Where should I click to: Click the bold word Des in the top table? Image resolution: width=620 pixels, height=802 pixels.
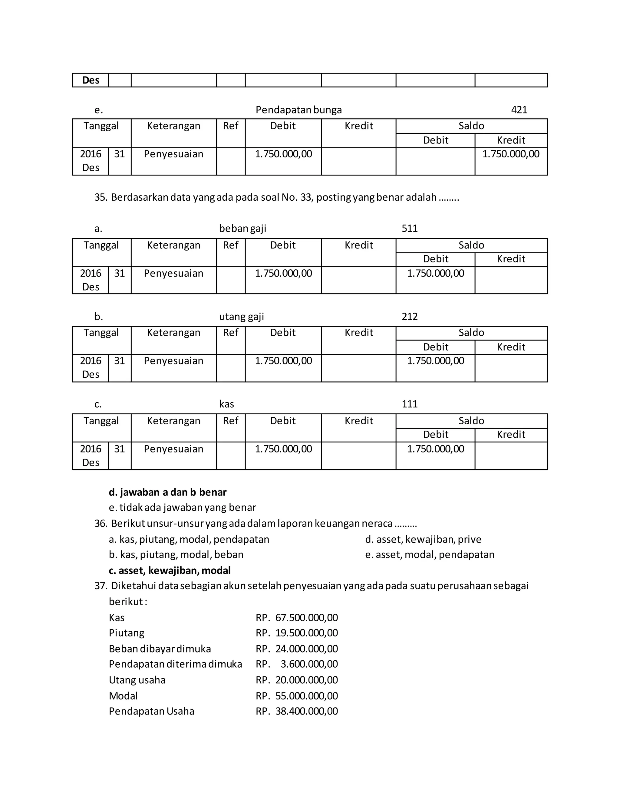click(x=91, y=80)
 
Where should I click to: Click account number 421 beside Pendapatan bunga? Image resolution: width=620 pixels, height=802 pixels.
click(x=519, y=110)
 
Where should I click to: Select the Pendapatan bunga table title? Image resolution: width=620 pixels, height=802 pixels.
click(x=298, y=110)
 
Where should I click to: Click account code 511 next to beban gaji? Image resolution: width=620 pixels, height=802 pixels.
click(x=410, y=228)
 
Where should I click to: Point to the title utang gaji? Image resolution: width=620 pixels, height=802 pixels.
click(x=241, y=317)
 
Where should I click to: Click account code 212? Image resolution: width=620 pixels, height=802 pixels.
click(x=410, y=317)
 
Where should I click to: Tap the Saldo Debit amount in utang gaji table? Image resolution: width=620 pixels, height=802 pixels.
click(x=435, y=361)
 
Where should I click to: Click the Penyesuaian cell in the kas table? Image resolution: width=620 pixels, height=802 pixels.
click(x=173, y=449)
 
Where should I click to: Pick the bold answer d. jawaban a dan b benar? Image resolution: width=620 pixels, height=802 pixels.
click(x=167, y=492)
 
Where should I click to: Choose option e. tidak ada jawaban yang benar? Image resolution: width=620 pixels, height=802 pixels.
click(x=182, y=508)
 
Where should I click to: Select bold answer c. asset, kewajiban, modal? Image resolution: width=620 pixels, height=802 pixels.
click(x=170, y=570)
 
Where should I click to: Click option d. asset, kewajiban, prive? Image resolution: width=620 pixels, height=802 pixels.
click(x=423, y=539)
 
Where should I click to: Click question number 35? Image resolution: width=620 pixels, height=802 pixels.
click(x=100, y=198)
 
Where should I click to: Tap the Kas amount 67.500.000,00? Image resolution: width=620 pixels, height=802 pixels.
click(x=306, y=618)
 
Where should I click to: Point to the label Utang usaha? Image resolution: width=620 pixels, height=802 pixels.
click(x=137, y=680)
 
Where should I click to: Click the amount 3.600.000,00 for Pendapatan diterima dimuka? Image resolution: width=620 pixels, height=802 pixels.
click(x=309, y=664)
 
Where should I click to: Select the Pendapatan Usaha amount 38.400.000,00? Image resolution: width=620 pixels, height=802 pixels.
click(x=306, y=711)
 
